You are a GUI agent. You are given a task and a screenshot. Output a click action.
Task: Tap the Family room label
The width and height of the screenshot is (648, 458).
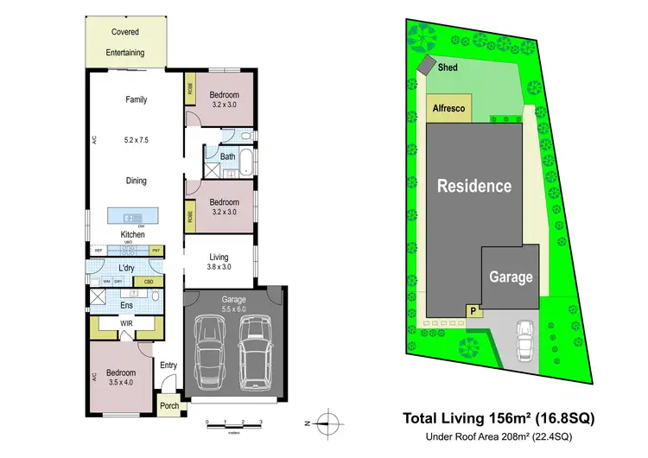click(136, 99)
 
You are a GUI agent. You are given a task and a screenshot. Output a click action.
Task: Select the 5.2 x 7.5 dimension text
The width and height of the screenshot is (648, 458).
click(136, 139)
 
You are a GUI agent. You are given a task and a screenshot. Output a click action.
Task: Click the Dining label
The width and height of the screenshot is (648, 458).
click(136, 181)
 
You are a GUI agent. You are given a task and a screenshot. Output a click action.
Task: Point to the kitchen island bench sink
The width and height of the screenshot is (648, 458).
click(132, 216)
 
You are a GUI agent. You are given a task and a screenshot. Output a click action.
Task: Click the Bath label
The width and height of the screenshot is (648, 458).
click(228, 156)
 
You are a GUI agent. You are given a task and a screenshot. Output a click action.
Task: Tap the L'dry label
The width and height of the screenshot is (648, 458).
click(129, 270)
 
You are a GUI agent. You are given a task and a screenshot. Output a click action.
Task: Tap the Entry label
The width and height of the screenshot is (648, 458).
click(168, 366)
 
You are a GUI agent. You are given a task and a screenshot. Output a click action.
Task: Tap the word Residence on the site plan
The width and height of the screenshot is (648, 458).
click(473, 185)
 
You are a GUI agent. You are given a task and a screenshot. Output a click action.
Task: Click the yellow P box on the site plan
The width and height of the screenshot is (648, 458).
click(473, 309)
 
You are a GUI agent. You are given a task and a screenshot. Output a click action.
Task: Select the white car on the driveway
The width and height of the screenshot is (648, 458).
click(524, 340)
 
